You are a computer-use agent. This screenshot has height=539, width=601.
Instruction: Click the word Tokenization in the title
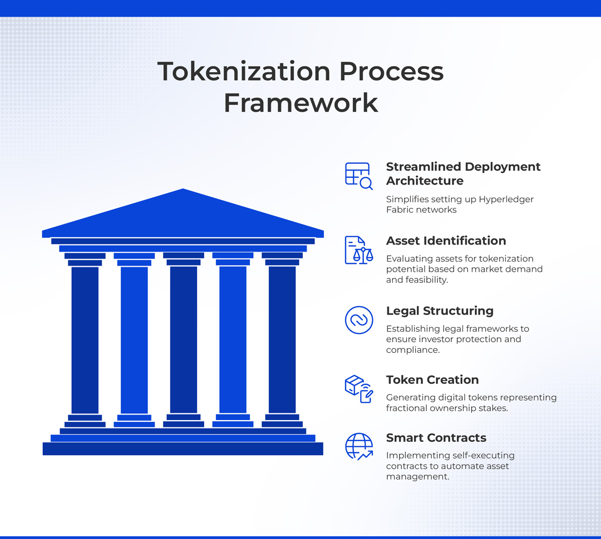(244, 72)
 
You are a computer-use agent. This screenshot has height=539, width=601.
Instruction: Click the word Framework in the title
(301, 103)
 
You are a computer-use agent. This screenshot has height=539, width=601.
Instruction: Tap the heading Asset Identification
(446, 241)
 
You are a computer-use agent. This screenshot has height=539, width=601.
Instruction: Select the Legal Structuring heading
(440, 311)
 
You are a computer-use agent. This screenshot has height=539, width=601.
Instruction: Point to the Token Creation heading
(432, 380)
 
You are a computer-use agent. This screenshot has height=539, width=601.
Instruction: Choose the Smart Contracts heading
(436, 437)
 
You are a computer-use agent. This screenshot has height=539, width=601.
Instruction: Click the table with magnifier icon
(359, 176)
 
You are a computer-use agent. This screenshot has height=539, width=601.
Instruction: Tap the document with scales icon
(359, 250)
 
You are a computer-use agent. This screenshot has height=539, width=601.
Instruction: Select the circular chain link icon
(359, 320)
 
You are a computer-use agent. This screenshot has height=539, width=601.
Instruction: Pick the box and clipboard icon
(359, 389)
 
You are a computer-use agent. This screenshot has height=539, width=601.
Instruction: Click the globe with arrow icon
(359, 447)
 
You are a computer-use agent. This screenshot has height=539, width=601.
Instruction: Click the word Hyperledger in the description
(506, 200)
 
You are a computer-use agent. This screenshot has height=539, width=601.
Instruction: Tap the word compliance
(413, 350)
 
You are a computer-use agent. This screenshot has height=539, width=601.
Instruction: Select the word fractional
(407, 408)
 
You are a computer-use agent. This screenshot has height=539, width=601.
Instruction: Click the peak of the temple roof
(183, 189)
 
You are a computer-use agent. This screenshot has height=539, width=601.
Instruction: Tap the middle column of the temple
(184, 340)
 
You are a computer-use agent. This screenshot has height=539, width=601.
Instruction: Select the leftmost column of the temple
(85, 340)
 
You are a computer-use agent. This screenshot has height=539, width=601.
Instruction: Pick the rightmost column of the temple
(282, 340)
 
